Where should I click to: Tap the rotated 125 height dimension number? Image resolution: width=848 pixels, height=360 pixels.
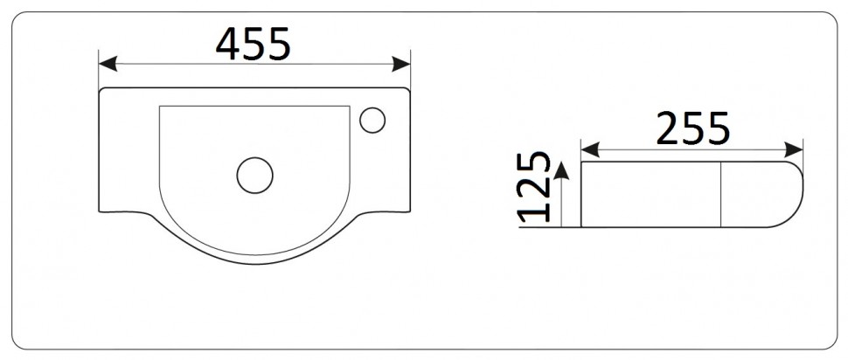click(x=535, y=187)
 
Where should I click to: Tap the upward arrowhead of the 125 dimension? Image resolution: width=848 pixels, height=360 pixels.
click(x=562, y=169)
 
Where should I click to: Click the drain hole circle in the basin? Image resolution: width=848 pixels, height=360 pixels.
click(x=254, y=175)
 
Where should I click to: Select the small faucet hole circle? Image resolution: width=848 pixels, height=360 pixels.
click(x=373, y=119)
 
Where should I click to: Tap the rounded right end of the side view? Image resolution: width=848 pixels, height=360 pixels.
click(x=799, y=194)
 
